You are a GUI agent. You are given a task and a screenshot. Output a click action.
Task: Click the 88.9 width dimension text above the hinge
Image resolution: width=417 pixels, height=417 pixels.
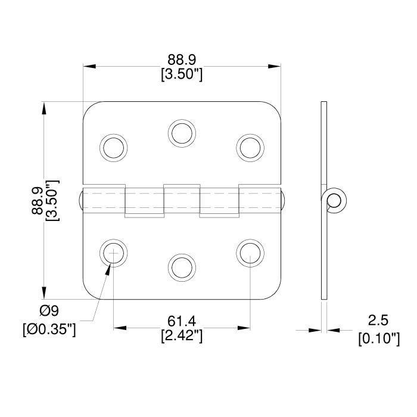tap(182, 60)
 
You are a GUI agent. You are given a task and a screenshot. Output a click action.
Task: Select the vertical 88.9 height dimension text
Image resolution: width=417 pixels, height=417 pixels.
tap(38, 201)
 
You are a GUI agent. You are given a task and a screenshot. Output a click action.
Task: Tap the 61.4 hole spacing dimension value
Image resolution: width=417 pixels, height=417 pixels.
tap(182, 321)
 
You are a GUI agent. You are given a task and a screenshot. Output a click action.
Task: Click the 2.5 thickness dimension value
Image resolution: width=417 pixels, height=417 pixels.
tap(378, 320)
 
